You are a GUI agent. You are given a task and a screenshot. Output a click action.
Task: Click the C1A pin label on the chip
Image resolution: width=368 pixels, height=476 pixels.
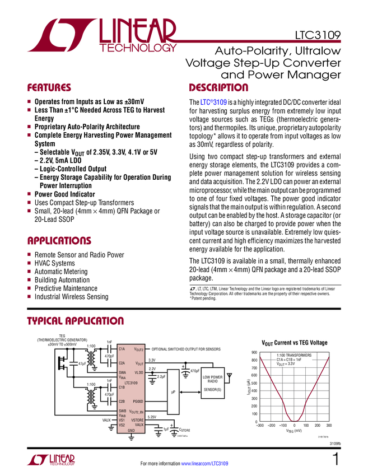(x=122, y=348)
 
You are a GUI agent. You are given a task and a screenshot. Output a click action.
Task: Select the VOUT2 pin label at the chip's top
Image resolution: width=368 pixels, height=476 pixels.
(x=138, y=349)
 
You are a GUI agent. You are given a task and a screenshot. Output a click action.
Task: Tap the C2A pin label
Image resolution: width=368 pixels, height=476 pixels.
(x=122, y=363)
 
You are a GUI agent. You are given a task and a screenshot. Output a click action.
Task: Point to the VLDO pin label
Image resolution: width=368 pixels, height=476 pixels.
(x=139, y=372)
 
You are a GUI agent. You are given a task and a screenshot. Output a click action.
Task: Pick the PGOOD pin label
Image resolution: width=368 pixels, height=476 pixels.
(x=138, y=402)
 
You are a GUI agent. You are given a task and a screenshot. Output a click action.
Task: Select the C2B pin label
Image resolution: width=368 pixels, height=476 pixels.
(x=122, y=402)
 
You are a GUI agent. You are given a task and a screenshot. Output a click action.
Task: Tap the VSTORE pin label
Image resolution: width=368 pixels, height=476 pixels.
(x=137, y=420)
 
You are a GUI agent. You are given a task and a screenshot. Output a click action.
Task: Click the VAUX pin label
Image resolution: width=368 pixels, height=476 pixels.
(x=139, y=424)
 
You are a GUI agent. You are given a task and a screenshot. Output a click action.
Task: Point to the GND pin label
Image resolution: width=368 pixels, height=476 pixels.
(x=131, y=431)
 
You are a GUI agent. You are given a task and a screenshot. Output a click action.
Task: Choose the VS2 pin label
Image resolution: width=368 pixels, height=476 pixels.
(x=122, y=425)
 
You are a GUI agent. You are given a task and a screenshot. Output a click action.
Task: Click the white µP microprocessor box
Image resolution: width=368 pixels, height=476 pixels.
(x=173, y=391)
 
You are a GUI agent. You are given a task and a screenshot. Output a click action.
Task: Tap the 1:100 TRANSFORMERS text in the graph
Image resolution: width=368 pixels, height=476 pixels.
(x=294, y=356)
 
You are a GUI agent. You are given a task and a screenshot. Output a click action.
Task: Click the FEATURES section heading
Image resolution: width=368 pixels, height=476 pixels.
(x=49, y=88)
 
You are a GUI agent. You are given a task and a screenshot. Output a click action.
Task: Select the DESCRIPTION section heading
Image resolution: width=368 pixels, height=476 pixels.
(x=218, y=88)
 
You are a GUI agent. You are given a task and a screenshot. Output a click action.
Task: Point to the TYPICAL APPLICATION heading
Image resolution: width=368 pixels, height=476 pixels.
(x=75, y=321)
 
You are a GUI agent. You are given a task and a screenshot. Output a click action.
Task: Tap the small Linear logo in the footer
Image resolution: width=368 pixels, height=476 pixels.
(x=50, y=460)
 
